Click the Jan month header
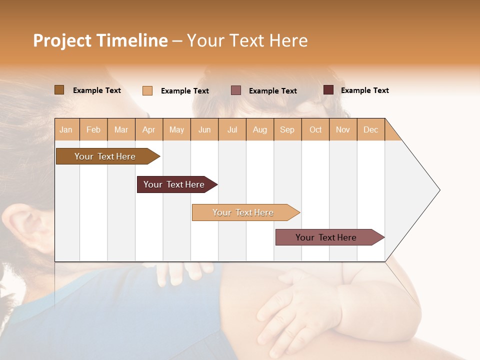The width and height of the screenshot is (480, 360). (66, 129)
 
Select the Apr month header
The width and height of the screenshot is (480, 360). (149, 129)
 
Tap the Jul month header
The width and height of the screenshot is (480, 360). (232, 129)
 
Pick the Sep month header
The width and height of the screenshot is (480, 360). (287, 129)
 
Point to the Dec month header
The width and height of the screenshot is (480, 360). (370, 129)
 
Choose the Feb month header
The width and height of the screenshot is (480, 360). (93, 129)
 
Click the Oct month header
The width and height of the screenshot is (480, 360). (315, 129)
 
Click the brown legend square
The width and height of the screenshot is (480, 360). (59, 90)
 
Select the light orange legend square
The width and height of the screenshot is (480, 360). (147, 90)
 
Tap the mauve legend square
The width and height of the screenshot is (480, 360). (236, 90)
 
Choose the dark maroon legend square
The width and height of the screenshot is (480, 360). (328, 90)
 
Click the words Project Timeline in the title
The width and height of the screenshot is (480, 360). (100, 40)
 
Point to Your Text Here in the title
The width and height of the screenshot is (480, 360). (247, 40)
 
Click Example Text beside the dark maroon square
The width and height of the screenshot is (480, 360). (364, 90)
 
